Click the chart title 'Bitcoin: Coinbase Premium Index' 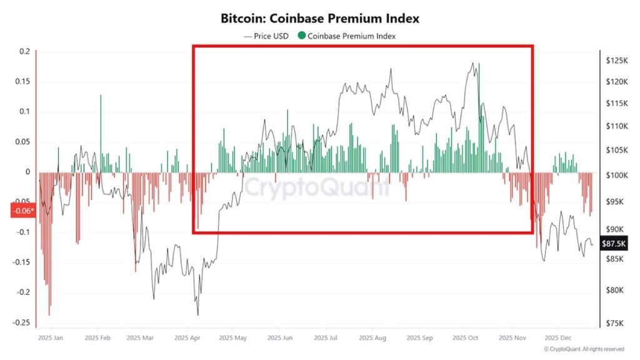tap(319, 19)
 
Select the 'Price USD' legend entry tap(266, 36)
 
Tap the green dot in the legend tap(302, 36)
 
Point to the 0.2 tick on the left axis tap(24, 52)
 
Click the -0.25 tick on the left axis tap(21, 322)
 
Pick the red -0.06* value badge tap(22, 211)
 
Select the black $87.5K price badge tap(612, 244)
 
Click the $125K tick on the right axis tap(616, 61)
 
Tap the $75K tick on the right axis tap(614, 323)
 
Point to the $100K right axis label tap(616, 176)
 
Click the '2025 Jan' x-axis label tap(51, 337)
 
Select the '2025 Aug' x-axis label tap(372, 337)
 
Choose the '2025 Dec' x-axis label tap(556, 337)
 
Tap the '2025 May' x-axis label tap(232, 337)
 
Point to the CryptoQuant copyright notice tap(584, 349)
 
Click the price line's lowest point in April tap(198, 314)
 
